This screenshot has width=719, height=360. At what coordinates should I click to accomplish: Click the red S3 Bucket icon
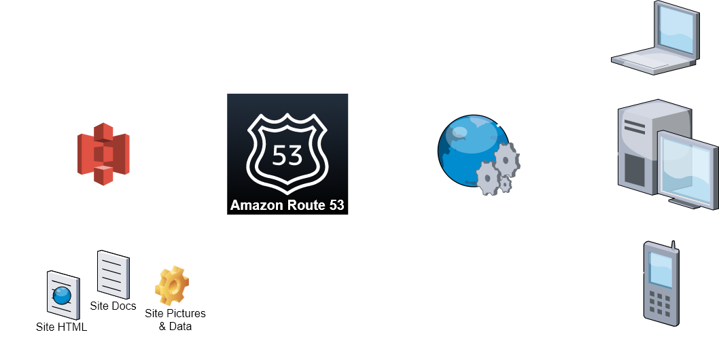click(103, 154)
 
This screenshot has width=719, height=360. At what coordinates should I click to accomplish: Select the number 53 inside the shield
click(287, 155)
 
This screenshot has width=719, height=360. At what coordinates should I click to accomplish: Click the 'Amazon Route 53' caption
click(287, 205)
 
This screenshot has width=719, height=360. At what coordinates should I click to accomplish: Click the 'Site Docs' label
click(113, 306)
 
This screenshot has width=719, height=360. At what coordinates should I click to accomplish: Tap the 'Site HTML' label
click(62, 327)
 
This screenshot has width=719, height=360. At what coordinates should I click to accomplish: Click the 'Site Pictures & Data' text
click(175, 320)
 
